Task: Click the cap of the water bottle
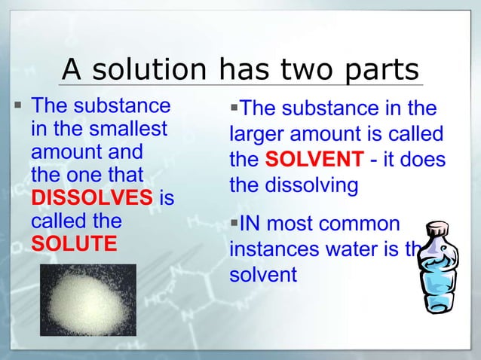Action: coord(436,228)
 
